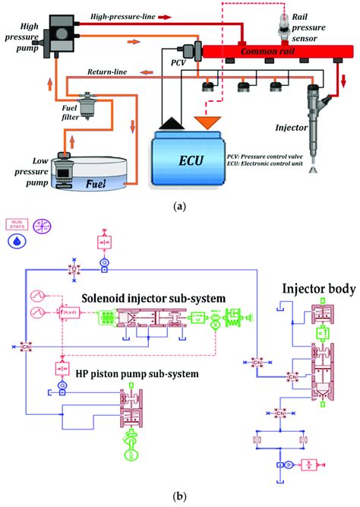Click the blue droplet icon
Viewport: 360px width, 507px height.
point(16,241)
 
